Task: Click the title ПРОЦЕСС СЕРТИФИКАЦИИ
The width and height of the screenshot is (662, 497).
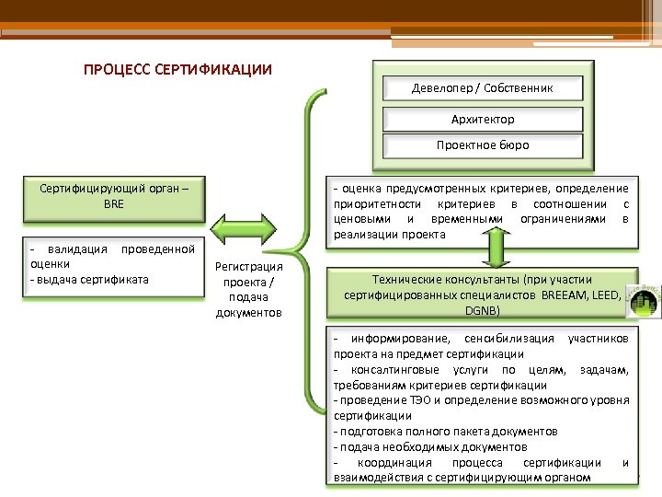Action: coord(177,70)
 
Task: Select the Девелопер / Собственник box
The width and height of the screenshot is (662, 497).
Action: coord(483,87)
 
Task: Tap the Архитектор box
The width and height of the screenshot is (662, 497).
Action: coord(483,119)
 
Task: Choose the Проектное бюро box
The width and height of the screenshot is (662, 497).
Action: coord(483,144)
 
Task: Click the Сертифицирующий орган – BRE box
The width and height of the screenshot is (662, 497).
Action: coord(114,195)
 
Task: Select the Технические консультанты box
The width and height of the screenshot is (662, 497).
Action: coord(481,295)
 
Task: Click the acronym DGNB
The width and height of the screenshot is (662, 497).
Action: coord(483,312)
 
